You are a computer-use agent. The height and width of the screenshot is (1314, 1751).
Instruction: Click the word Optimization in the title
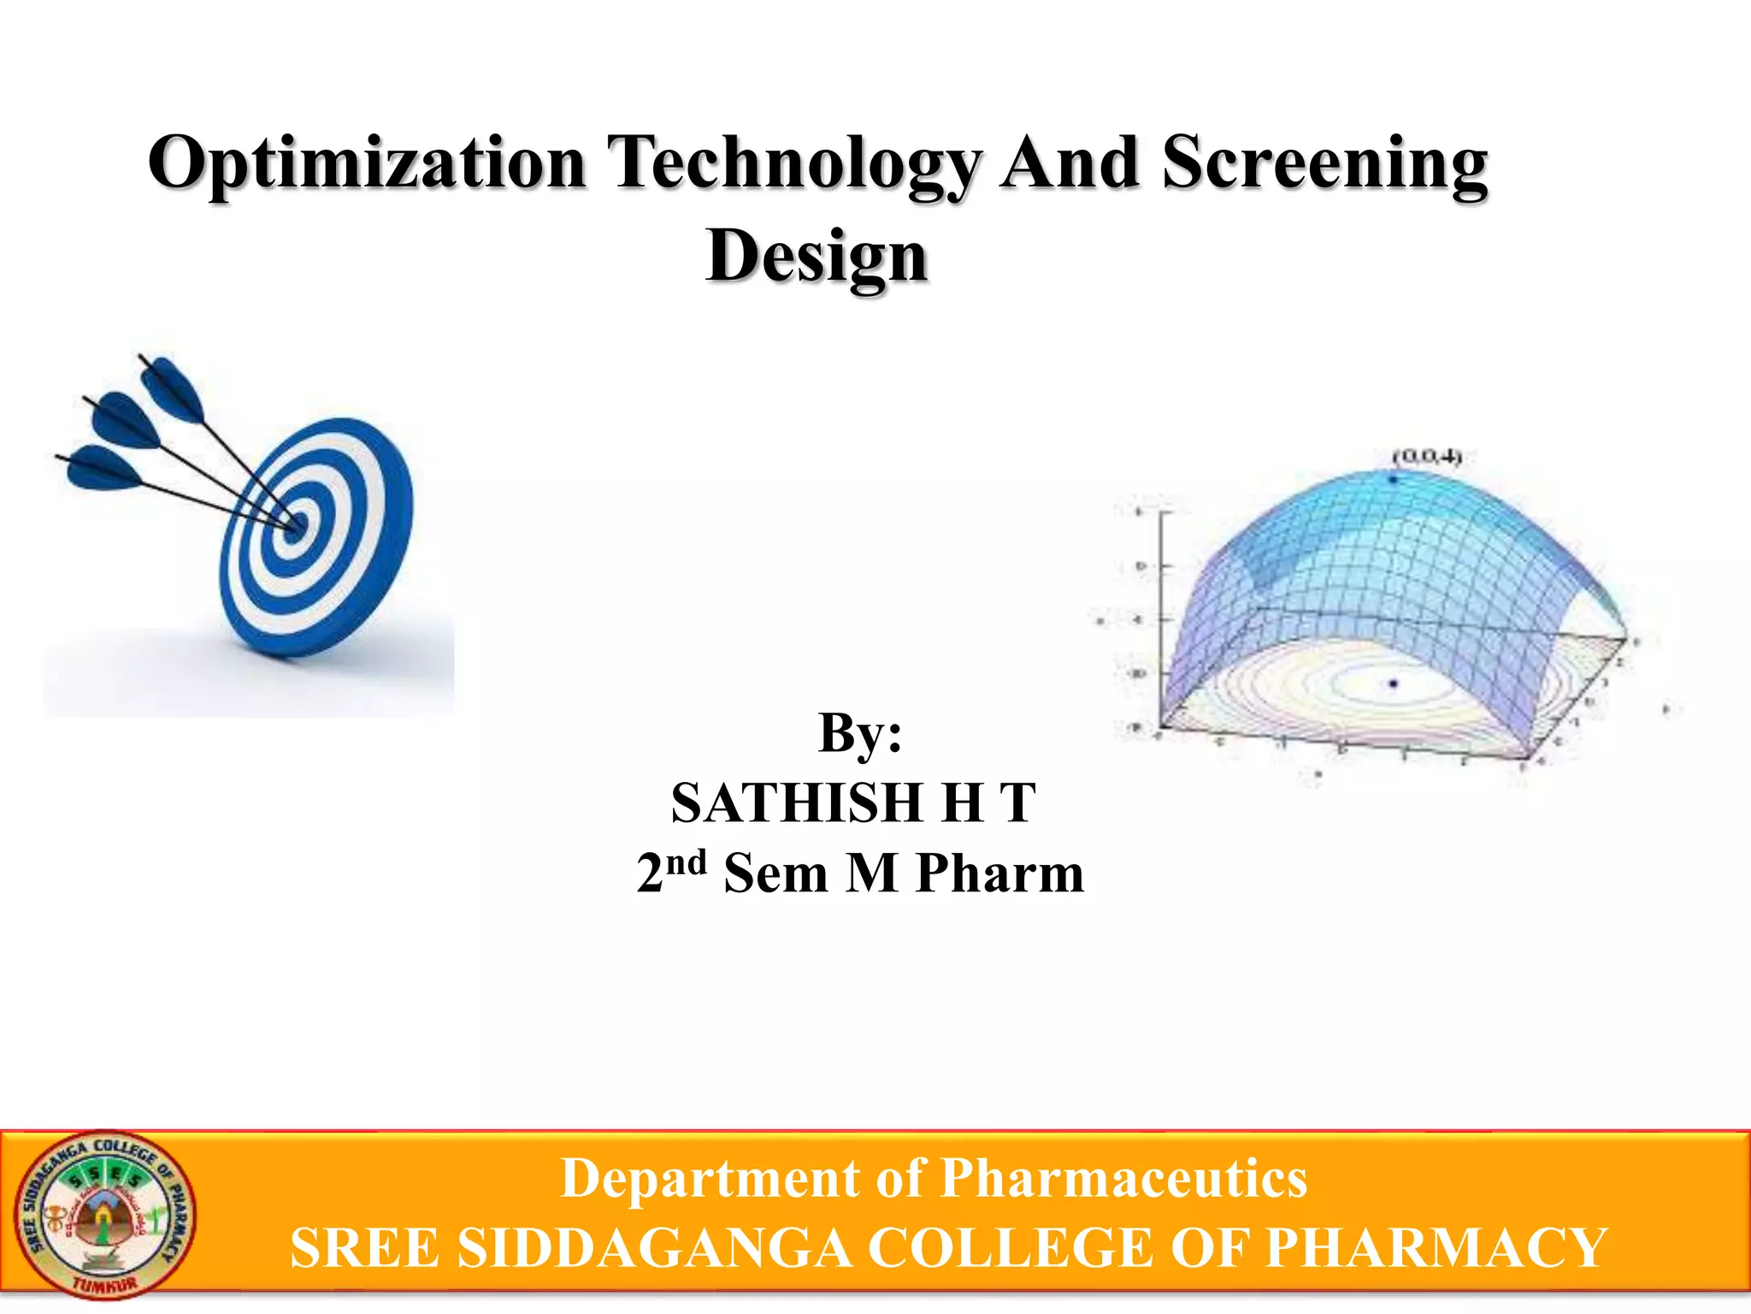point(368,164)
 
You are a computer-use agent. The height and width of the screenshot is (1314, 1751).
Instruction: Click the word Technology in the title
point(795,164)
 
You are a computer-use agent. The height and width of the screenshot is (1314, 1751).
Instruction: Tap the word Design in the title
point(817,257)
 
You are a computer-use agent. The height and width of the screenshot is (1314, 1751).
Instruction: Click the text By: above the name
point(860,733)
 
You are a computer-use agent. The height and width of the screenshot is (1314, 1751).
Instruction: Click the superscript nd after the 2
point(687,862)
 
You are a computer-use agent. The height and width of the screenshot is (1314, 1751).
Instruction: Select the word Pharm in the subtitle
point(999,874)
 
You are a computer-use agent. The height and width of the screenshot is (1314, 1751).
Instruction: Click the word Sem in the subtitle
point(775,874)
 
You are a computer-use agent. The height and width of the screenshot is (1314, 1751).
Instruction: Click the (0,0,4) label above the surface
point(1426,457)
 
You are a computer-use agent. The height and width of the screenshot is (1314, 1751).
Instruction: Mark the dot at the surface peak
point(1394,479)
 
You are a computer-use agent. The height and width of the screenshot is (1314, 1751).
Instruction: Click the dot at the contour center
point(1394,683)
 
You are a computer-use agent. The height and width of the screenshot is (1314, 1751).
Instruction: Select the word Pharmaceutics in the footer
point(1123,1179)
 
